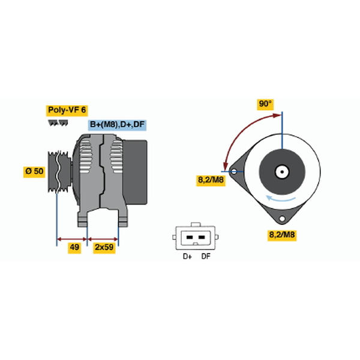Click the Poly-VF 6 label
pos(67,110)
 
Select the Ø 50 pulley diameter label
pos(34,171)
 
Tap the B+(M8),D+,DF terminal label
pos(117,125)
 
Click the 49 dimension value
pos(74,247)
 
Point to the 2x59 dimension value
pos(104,247)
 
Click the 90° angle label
pos(265,104)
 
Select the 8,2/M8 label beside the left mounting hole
pos(211,180)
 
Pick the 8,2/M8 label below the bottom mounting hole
pos(282,235)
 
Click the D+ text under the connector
pos(187,256)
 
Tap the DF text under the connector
pos(206,256)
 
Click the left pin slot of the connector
pos(190,237)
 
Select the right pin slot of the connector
pos(202,237)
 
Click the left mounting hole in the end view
pos(234,171)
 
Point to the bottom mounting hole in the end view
pos(282,218)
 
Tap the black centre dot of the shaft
pos(282,172)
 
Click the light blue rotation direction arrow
pos(281,199)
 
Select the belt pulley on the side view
pos(59,172)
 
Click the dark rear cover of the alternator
pos(135,172)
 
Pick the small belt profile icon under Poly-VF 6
pos(58,123)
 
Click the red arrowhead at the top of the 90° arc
pos(277,115)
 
